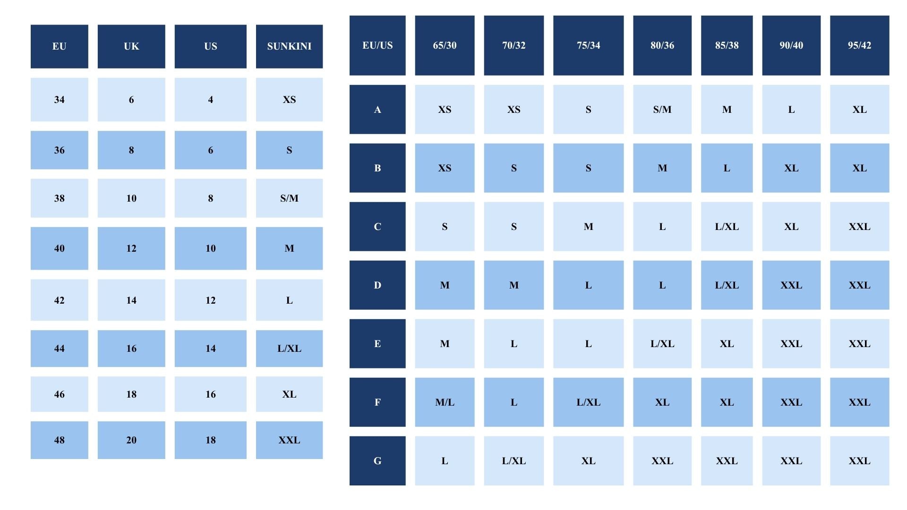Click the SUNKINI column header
click(289, 46)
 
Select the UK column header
click(131, 46)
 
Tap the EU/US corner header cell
click(377, 45)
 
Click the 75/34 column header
click(588, 45)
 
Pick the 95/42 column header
click(859, 45)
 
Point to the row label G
click(377, 461)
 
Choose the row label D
click(377, 285)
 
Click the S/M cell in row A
click(662, 110)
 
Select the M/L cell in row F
click(445, 402)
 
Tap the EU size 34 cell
click(60, 100)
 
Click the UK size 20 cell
click(131, 440)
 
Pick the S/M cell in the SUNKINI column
click(289, 198)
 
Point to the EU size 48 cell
click(60, 440)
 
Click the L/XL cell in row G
click(514, 461)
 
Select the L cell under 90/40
click(791, 110)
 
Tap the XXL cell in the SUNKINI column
click(289, 440)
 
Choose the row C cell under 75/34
click(588, 227)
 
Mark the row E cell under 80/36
click(662, 344)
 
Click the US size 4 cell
click(211, 100)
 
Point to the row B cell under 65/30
click(445, 168)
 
